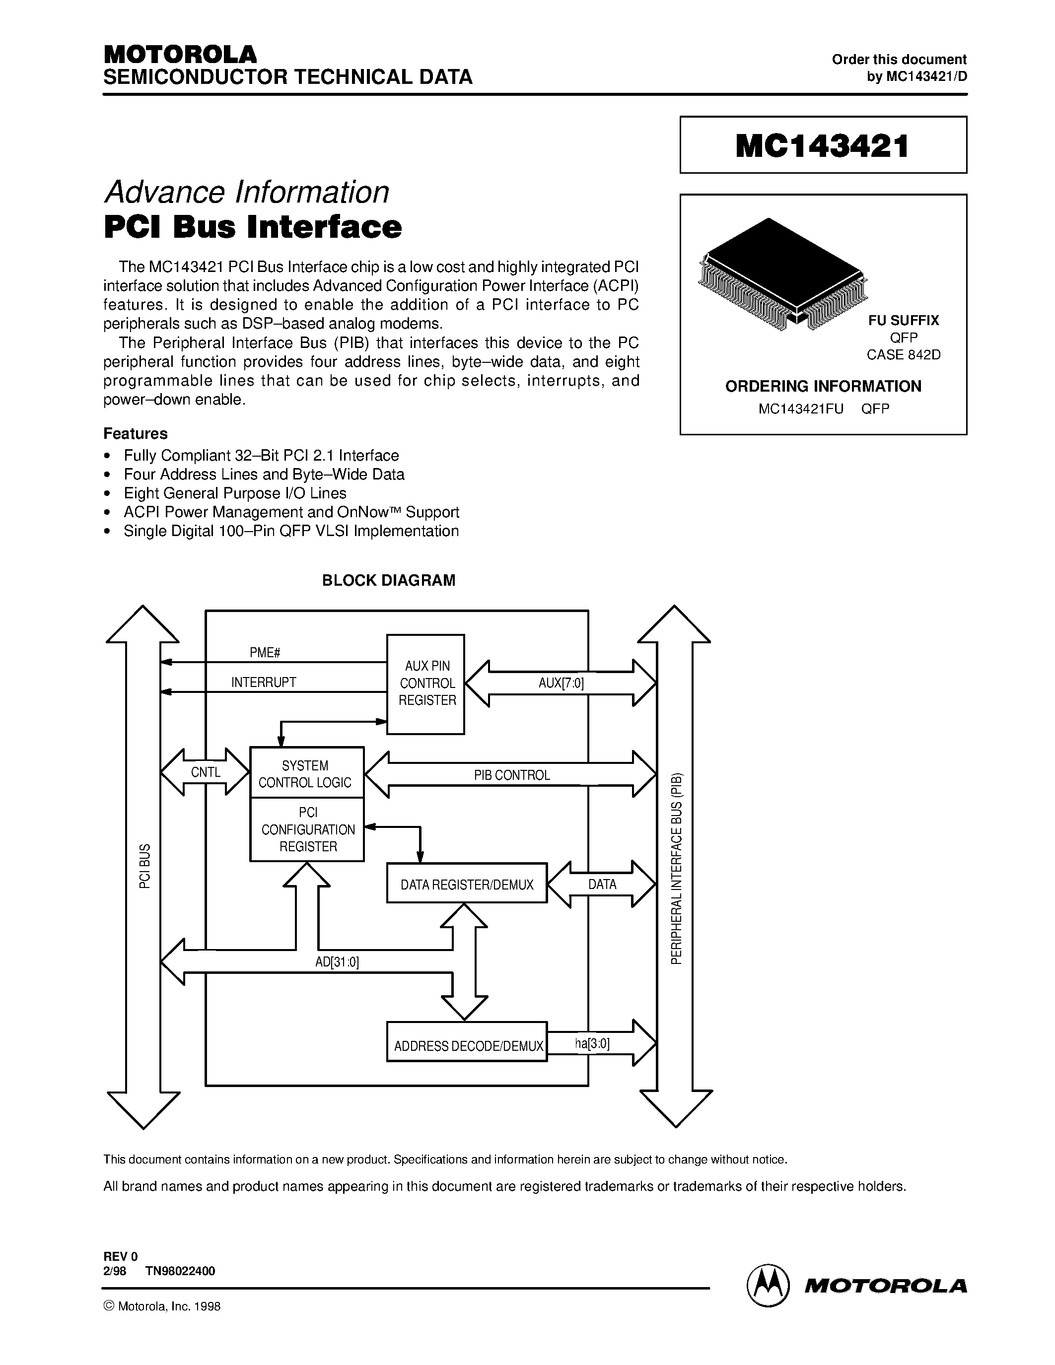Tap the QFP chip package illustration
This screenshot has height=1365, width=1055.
782,273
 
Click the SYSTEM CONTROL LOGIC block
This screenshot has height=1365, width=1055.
306,773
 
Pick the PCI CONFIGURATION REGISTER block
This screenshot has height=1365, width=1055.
307,829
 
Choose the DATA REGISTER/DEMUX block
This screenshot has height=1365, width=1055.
467,885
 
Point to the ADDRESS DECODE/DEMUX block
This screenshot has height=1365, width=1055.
467,1046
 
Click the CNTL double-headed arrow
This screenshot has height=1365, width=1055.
205,772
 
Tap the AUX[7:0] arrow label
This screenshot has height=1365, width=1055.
561,683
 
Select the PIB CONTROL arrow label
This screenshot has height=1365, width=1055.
511,775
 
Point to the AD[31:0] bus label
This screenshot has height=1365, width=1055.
337,962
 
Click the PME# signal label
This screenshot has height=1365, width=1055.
265,653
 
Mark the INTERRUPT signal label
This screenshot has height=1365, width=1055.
264,682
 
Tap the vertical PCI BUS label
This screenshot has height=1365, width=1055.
144,866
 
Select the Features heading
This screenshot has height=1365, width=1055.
135,434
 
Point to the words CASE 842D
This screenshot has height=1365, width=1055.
903,355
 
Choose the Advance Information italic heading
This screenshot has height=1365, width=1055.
247,192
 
